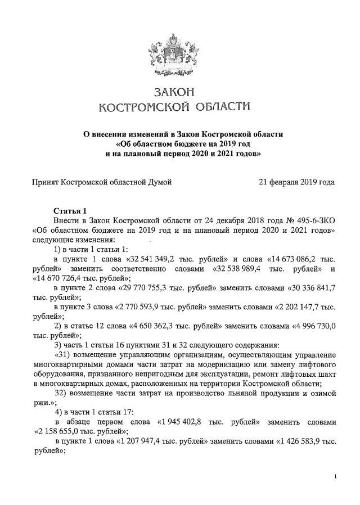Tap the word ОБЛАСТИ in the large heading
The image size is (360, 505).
point(213,107)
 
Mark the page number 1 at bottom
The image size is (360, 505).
point(335,476)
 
